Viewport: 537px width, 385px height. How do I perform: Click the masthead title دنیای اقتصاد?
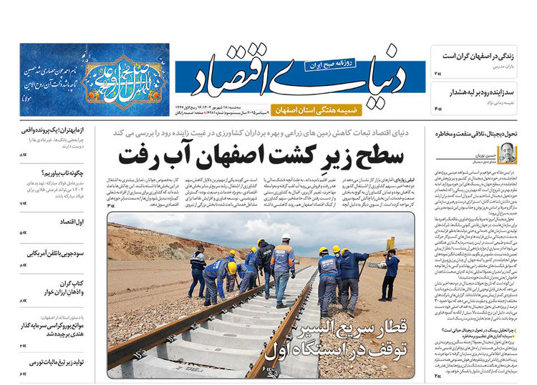point(309,80)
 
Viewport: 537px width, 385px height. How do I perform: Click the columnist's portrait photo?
point(507,152)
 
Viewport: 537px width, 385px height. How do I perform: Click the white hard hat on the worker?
point(286,236)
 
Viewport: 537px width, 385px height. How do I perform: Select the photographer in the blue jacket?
point(390,271)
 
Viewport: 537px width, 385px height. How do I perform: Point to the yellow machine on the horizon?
point(391,243)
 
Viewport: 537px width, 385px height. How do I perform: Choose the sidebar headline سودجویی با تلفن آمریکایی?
point(54,253)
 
